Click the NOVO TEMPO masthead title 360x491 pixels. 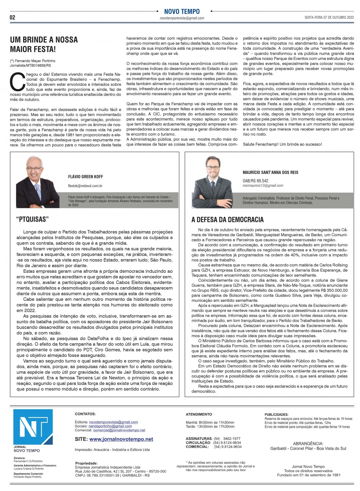182,11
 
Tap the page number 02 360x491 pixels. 13,17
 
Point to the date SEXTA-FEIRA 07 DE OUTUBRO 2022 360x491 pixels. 329,17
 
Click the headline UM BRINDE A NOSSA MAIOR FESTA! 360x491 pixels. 44,45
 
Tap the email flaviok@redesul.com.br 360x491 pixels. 85,186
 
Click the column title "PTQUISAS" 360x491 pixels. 32,219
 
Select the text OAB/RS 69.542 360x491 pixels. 255,181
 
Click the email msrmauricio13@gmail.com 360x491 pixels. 263,185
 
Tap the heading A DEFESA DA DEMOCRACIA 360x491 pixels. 227,220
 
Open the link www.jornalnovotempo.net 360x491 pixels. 121,439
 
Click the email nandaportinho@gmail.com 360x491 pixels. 110,426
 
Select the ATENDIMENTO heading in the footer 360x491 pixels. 199,414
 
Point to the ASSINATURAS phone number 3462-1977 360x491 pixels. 232,439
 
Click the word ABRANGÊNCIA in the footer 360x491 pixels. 308,443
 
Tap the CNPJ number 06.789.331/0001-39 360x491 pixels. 102,475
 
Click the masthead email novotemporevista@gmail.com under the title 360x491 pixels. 182,18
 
